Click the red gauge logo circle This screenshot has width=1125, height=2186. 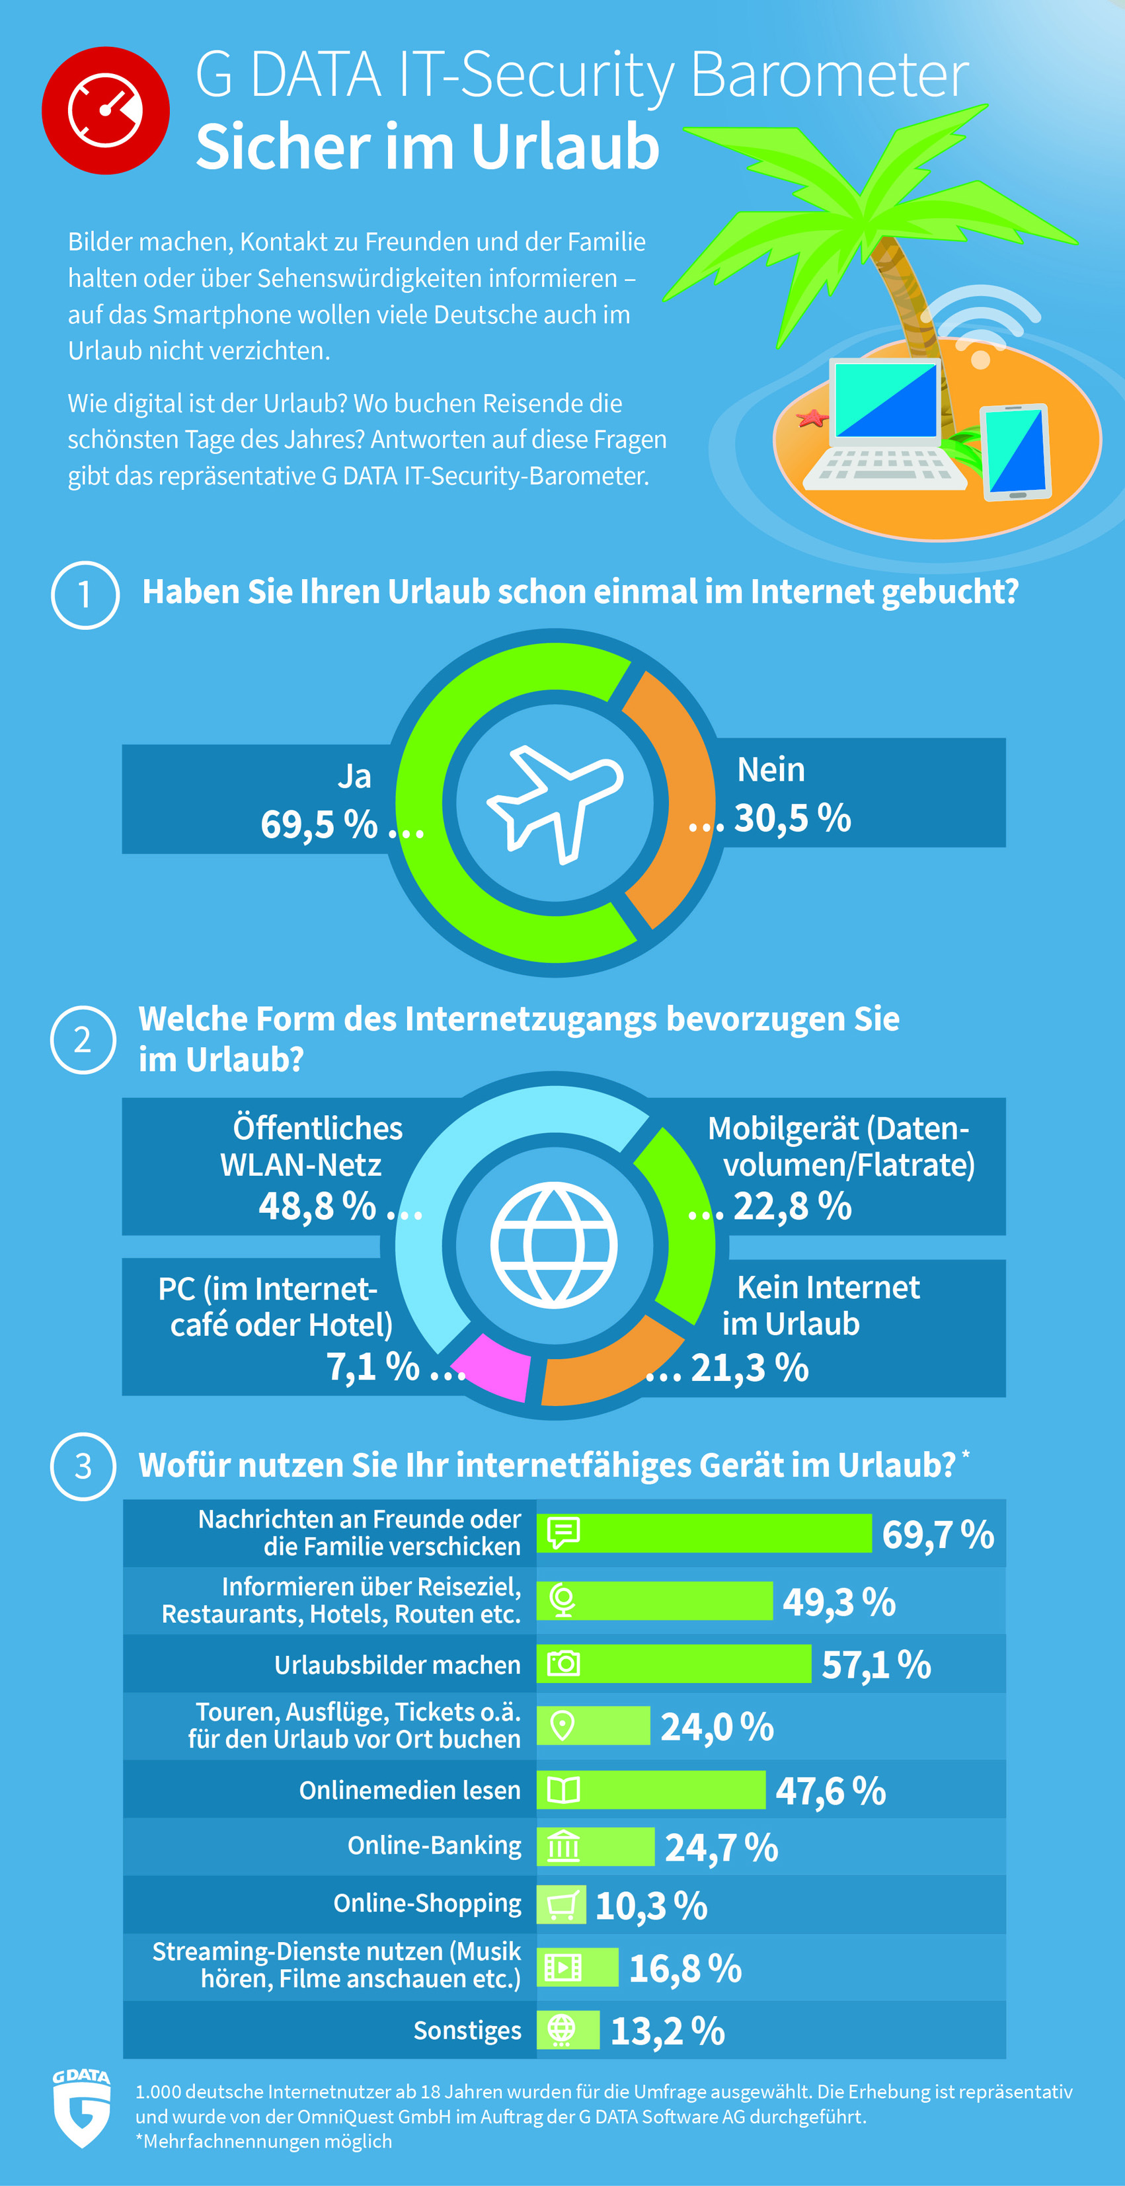point(105,110)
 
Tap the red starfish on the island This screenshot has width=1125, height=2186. point(812,418)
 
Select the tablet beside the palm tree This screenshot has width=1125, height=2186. point(1015,451)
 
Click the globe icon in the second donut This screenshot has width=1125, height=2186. point(554,1245)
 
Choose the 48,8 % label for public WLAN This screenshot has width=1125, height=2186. point(317,1206)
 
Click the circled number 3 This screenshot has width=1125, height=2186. point(83,1466)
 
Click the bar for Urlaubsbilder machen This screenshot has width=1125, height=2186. point(674,1663)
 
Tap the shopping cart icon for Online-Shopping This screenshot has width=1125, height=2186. point(562,1905)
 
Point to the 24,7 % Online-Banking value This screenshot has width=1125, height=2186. point(721,1848)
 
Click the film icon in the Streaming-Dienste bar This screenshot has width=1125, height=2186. point(562,1967)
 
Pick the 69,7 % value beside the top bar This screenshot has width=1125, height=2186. point(937,1534)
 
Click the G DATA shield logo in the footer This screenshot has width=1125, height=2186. point(81,2107)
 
